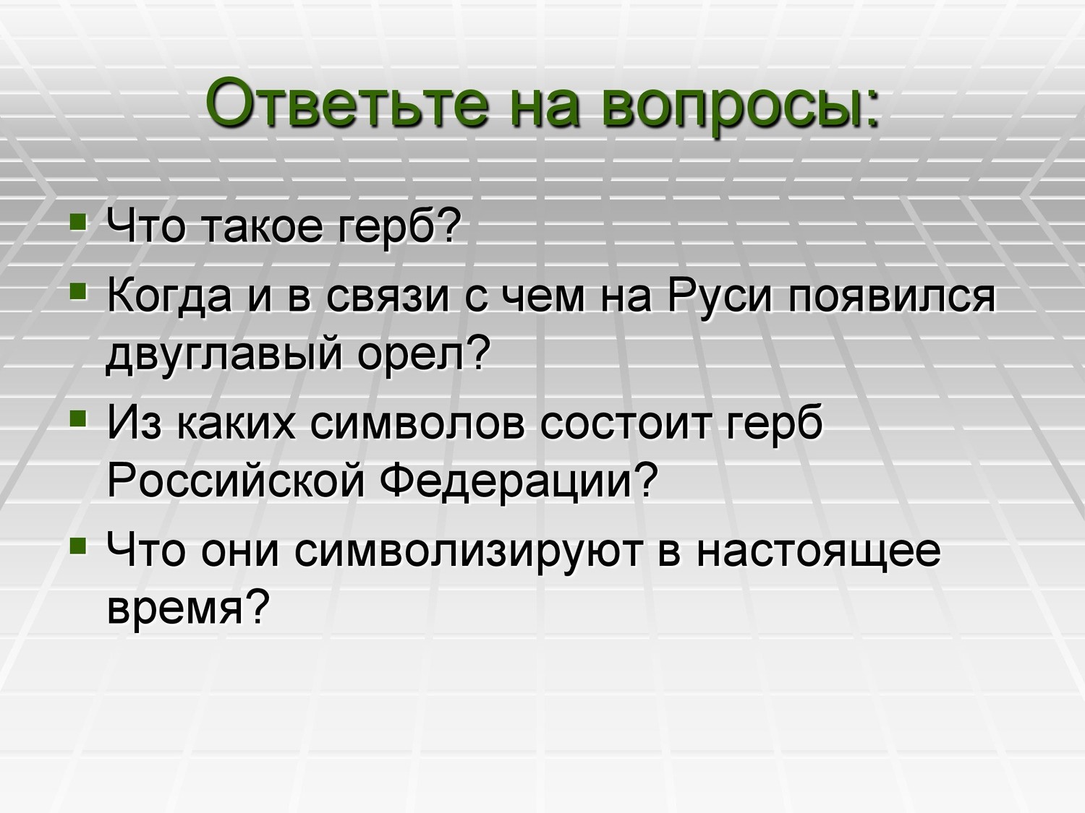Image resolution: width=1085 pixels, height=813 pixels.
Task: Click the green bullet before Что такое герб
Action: click(x=79, y=222)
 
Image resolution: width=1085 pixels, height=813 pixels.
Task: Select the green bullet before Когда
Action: click(x=79, y=291)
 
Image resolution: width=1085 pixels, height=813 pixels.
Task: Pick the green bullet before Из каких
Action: click(x=79, y=419)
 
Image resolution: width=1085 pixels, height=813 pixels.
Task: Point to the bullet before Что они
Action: click(x=79, y=546)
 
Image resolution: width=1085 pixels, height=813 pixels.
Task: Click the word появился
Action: click(x=892, y=298)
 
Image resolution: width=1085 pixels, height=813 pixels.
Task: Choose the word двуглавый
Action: click(x=224, y=355)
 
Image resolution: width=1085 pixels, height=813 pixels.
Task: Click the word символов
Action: click(x=417, y=425)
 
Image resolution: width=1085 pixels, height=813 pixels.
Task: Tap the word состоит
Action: click(x=626, y=425)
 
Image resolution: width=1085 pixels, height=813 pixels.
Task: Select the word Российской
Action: click(x=236, y=481)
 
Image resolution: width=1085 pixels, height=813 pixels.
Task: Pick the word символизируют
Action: click(x=469, y=553)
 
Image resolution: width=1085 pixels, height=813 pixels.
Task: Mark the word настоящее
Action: click(x=819, y=553)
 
